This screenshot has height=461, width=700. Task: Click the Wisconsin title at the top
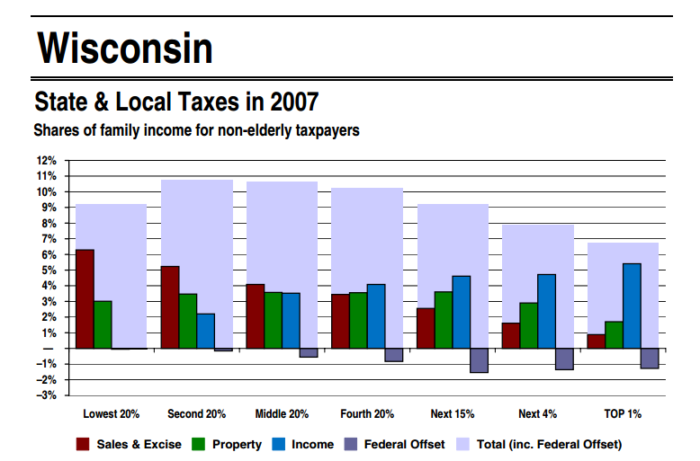[125, 47]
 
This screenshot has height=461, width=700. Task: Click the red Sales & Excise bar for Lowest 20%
[85, 298]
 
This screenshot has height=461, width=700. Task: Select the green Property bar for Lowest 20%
[103, 324]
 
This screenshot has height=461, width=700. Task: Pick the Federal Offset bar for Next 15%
[479, 360]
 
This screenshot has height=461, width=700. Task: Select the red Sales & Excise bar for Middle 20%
[256, 315]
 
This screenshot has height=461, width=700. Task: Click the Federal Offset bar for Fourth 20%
[394, 355]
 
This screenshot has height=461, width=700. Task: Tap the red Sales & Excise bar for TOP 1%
[596, 341]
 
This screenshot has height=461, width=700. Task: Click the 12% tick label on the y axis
[46, 161]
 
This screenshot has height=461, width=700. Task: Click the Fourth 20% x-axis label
[366, 414]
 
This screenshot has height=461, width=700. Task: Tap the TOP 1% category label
[622, 414]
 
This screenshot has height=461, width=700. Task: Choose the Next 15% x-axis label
[452, 414]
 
